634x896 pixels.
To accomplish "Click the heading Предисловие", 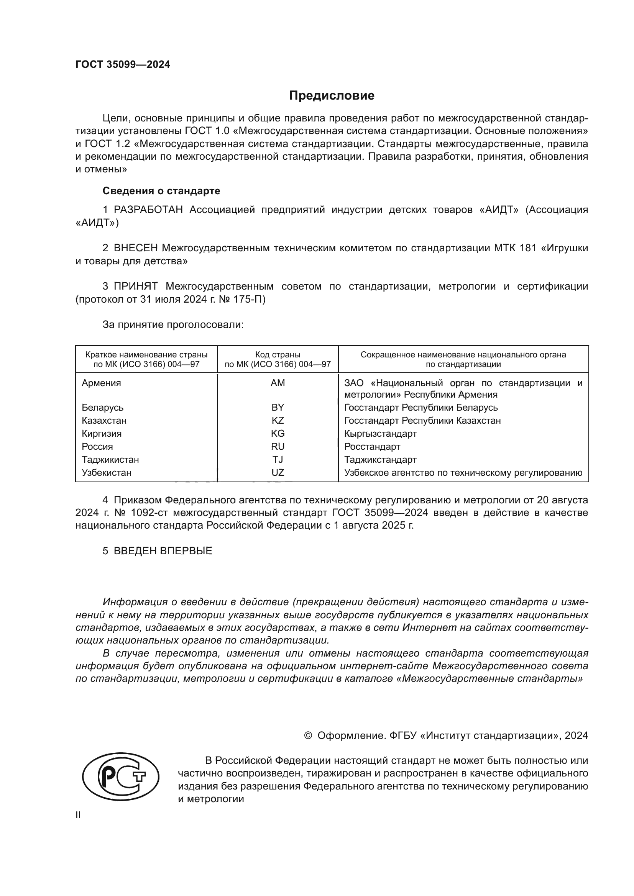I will tap(332, 96).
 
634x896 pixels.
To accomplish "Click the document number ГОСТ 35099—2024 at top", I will tap(123, 65).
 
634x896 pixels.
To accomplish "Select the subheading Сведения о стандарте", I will tap(161, 191).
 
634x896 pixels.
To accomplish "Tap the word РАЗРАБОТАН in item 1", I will tap(148, 210).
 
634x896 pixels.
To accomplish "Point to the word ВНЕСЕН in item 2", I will tap(135, 248).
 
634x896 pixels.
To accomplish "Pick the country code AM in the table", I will tap(278, 383).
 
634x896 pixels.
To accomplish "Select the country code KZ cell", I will tap(278, 421).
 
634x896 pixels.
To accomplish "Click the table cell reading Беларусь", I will tap(102, 408).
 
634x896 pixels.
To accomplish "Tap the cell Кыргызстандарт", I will tap(380, 434).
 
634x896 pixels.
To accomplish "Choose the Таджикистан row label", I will tap(110, 460).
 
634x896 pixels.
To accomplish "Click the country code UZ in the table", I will tap(278, 473).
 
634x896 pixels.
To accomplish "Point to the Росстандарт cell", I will tap(372, 447).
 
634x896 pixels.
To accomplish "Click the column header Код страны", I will tap(278, 355).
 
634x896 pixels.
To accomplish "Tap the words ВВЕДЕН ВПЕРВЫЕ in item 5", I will tap(163, 551).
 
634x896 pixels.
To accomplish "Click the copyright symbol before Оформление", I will tap(308, 735).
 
